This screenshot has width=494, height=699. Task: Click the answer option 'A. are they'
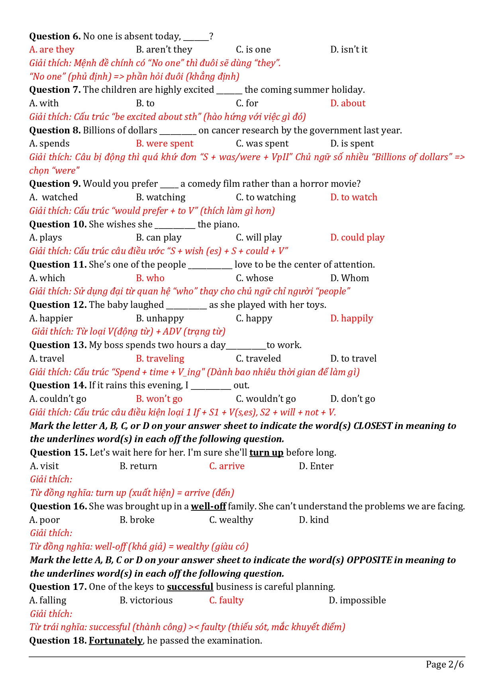coord(52,50)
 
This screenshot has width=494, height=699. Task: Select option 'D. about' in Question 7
coord(347,104)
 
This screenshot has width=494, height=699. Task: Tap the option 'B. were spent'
coord(164,144)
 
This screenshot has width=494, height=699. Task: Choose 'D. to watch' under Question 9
coord(353,198)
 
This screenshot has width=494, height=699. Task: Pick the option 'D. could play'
coord(357,238)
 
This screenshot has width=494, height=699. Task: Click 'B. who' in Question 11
coord(150,278)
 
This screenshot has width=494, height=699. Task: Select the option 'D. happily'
coord(351,319)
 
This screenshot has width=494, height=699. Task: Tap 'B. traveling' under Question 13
coord(160,359)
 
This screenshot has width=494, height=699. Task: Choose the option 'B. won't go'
coord(159,399)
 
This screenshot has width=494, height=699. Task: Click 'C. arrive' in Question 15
coord(227,466)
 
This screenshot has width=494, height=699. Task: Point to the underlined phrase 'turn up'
coord(266,453)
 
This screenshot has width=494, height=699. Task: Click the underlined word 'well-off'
coord(208,507)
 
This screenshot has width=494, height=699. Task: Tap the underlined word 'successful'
coord(190,587)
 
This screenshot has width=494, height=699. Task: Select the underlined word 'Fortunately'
coord(116,641)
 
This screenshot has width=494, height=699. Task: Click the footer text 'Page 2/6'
coord(445,664)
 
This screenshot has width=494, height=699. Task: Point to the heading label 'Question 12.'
coord(58,305)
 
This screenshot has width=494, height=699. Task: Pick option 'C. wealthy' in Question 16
coord(231,520)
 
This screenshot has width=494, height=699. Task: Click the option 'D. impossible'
coord(357,601)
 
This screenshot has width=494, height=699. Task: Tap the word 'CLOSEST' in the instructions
coord(373,426)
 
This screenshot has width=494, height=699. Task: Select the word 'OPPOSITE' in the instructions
coord(369,560)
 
